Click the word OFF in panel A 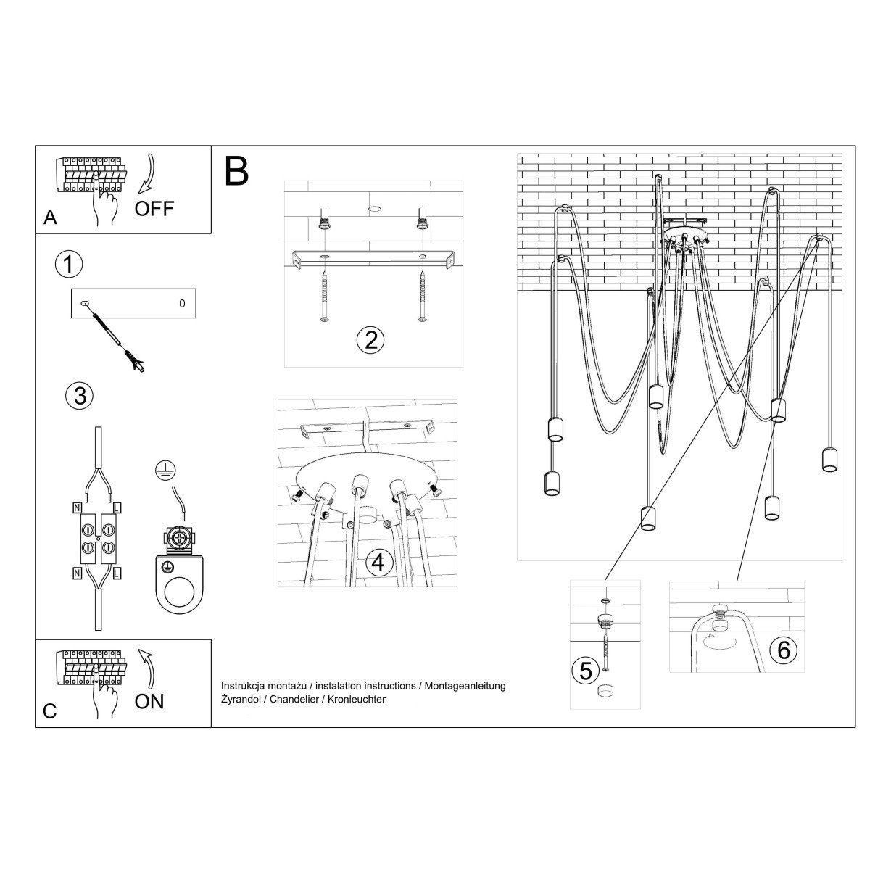[x=154, y=209]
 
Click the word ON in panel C [x=149, y=701]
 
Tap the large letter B [x=236, y=170]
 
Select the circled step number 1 [x=68, y=265]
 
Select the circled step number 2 [x=370, y=339]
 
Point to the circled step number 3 [x=78, y=395]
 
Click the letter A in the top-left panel [x=50, y=217]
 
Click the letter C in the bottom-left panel [x=49, y=711]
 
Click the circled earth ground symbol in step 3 [x=165, y=471]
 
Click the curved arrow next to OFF [x=150, y=175]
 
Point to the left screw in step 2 [x=323, y=297]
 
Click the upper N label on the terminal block [x=77, y=507]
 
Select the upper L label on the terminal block [x=117, y=507]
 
